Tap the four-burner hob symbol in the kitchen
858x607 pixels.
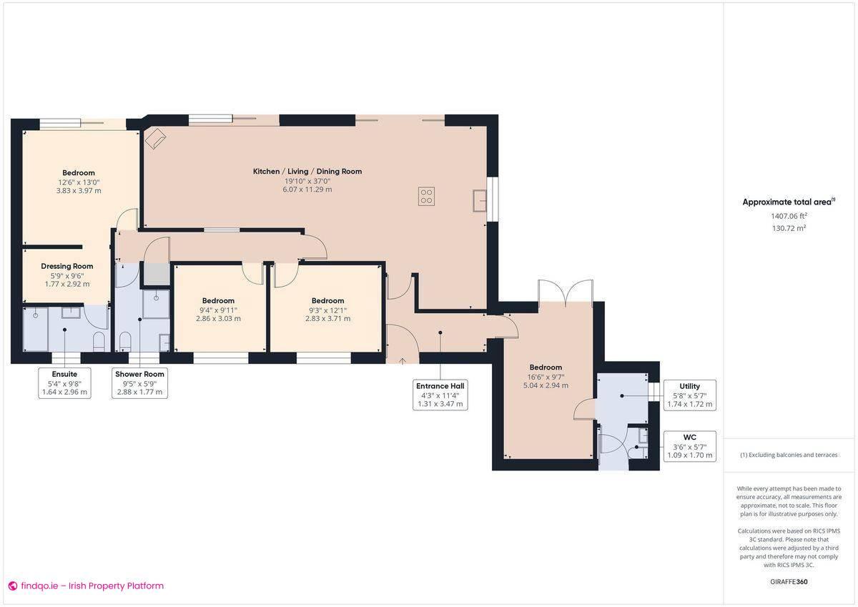pyautogui.click(x=426, y=196)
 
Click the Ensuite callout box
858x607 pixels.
pyautogui.click(x=64, y=383)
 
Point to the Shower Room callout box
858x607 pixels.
pyautogui.click(x=140, y=383)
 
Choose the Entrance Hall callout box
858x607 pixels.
pyautogui.click(x=440, y=395)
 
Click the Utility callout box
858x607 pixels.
pyautogui.click(x=690, y=395)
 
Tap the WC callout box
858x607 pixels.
pyautogui.click(x=690, y=446)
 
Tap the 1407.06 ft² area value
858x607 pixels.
pyautogui.click(x=789, y=216)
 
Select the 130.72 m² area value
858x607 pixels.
pyautogui.click(x=789, y=228)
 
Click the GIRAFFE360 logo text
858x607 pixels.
pyautogui.click(x=789, y=582)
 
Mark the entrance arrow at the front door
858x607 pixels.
pyautogui.click(x=403, y=360)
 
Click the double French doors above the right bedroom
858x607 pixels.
pyautogui.click(x=565, y=291)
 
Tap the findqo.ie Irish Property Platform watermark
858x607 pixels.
pyautogui.click(x=86, y=586)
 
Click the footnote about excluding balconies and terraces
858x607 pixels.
pyautogui.click(x=789, y=455)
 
